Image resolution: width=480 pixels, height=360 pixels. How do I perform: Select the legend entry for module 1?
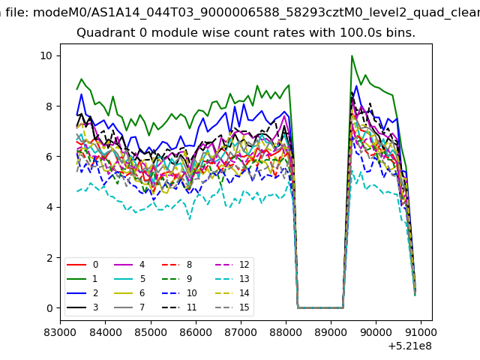pyautogui.click(x=82, y=279)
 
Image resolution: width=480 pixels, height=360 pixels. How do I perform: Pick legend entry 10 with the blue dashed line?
pyautogui.click(x=179, y=293)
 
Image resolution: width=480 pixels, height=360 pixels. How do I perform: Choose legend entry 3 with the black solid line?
pyautogui.click(x=82, y=307)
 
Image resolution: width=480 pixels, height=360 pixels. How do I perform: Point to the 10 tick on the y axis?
pyautogui.click(x=46, y=55)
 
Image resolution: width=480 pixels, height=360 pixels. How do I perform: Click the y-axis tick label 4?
pyautogui.click(x=49, y=207)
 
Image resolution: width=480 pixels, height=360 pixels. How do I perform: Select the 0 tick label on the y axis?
pyautogui.click(x=49, y=308)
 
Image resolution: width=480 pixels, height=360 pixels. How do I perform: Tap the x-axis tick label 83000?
pyautogui.click(x=60, y=332)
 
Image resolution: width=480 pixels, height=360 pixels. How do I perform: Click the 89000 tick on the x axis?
pyautogui.click(x=331, y=332)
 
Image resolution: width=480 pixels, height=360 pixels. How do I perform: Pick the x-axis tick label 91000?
pyautogui.click(x=421, y=332)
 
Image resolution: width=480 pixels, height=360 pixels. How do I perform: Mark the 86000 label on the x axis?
pyautogui.click(x=196, y=332)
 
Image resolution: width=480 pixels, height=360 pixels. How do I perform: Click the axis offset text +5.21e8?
pyautogui.click(x=410, y=346)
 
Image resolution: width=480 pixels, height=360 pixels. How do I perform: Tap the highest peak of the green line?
pyautogui.click(x=352, y=55)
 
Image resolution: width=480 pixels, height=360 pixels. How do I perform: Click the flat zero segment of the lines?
pyautogui.click(x=320, y=307)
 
